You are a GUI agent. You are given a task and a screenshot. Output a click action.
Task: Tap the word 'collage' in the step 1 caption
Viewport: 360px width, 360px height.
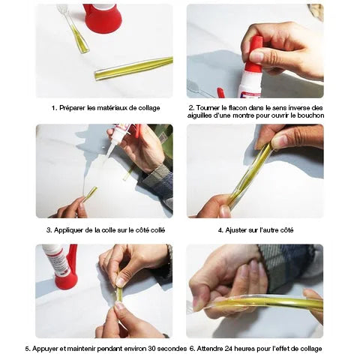point(149,108)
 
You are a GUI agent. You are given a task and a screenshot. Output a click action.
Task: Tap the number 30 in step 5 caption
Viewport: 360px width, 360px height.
point(152,348)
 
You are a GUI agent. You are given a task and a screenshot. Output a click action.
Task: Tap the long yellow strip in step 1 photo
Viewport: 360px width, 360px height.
point(133,68)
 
